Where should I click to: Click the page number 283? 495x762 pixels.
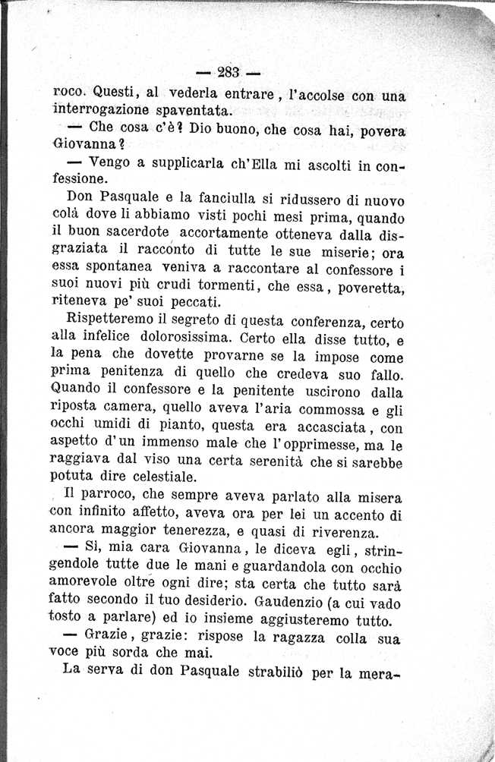[x=228, y=74]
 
